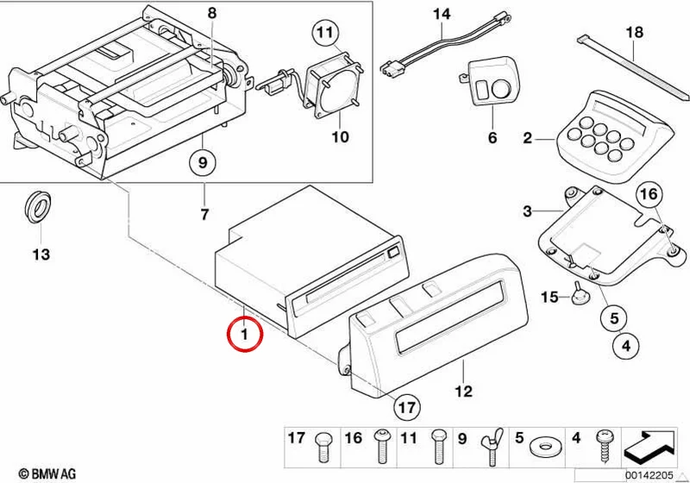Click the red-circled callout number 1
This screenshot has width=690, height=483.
(245, 335)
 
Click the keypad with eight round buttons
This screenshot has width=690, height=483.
(612, 137)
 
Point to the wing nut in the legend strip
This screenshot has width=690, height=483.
(492, 446)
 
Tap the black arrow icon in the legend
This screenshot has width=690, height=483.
(649, 447)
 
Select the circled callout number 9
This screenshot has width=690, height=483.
(203, 163)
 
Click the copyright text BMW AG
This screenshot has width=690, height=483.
(47, 474)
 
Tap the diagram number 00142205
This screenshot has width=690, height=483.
(650, 475)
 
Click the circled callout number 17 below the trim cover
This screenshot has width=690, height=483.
(406, 408)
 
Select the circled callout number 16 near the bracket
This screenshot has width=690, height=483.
(649, 194)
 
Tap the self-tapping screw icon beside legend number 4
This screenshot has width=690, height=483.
(603, 446)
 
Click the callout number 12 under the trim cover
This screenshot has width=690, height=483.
(463, 391)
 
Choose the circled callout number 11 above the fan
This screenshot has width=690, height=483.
(326, 32)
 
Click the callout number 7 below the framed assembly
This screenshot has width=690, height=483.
(204, 215)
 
